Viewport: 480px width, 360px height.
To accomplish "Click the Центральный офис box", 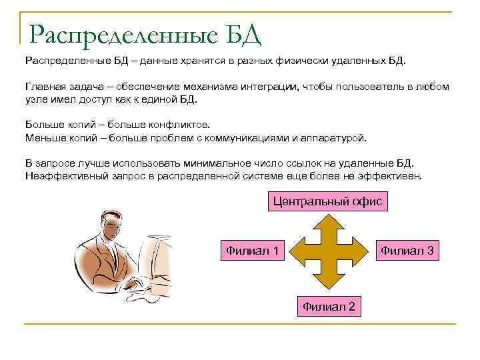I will tap(328, 201).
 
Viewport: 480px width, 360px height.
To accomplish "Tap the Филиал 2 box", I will tap(329, 306).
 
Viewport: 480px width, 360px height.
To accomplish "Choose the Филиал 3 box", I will tap(407, 251).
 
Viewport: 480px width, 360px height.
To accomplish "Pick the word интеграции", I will tap(271, 87).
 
